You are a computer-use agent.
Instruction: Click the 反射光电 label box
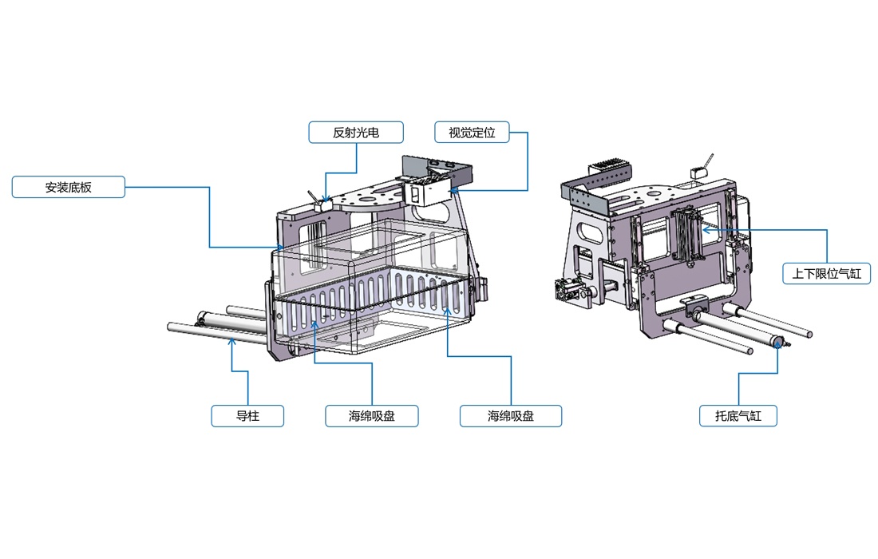point(355,133)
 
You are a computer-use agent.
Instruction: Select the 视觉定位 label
point(473,133)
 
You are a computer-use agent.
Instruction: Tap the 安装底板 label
point(69,188)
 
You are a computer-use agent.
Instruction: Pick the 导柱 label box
point(247,415)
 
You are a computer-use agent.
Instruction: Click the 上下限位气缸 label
point(826,274)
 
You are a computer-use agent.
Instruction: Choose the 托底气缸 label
point(738,415)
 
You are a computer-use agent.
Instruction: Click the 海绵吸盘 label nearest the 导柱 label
point(372,415)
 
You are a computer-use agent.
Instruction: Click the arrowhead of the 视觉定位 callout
point(452,191)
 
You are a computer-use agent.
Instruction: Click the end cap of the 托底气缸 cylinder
point(775,343)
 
